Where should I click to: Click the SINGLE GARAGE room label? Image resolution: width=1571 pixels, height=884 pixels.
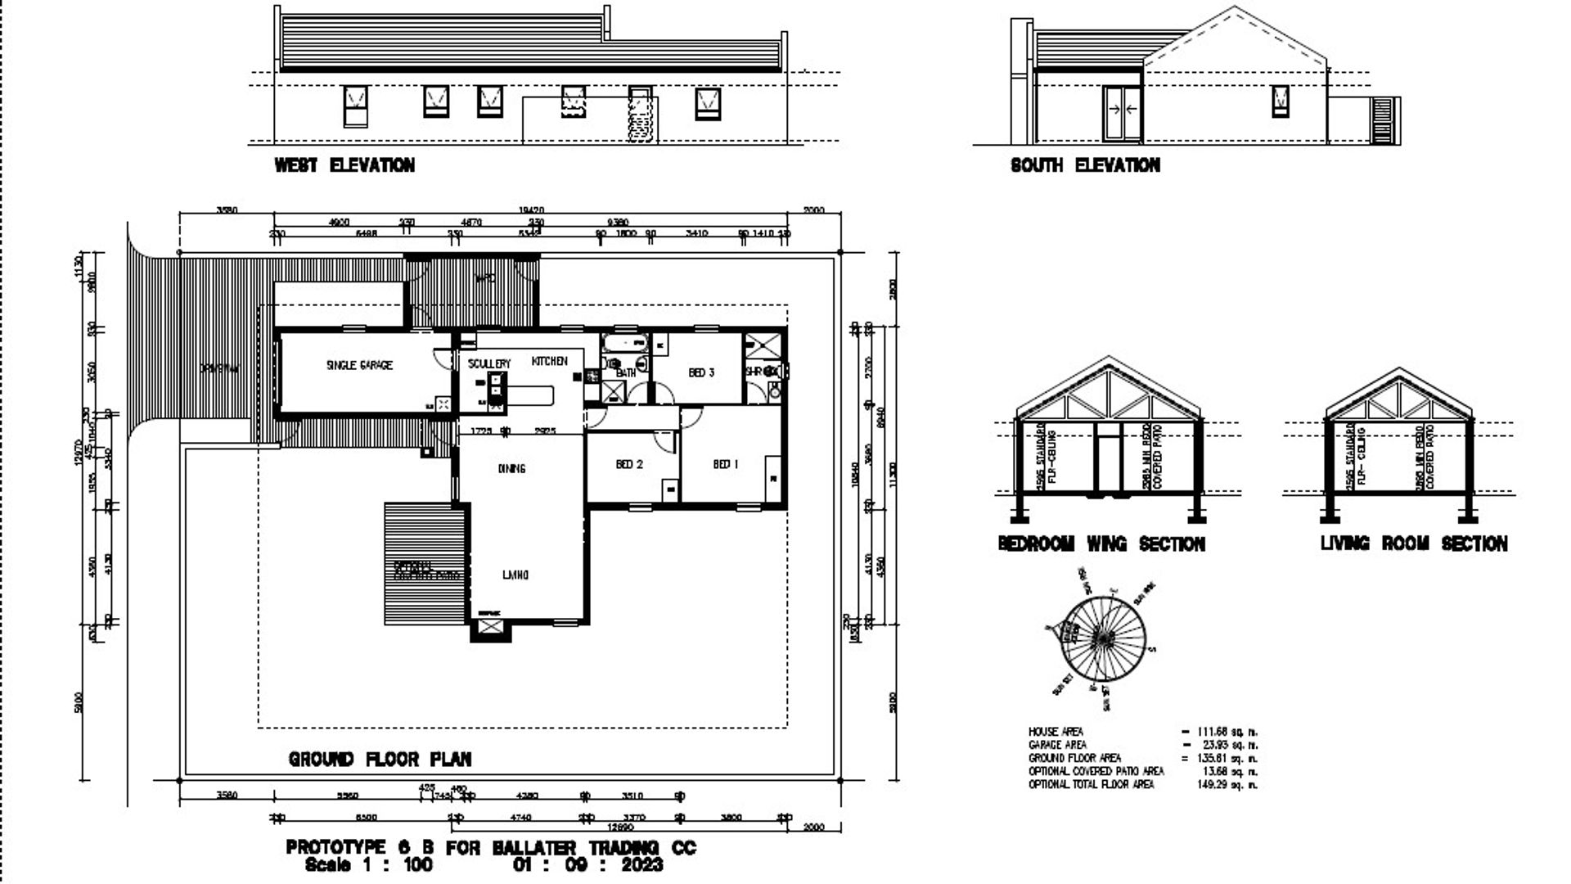[359, 365]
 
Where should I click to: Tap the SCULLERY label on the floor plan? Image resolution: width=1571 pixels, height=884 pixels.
[489, 363]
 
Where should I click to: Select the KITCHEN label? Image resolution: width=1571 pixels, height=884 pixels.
[549, 361]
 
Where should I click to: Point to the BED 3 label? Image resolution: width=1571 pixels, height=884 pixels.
[701, 372]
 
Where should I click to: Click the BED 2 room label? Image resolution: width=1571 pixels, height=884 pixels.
[629, 464]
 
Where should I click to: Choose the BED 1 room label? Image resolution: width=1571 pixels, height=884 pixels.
[726, 464]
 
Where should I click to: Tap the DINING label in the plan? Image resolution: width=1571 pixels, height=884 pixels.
[511, 468]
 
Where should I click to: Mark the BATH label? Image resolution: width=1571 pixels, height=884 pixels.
[626, 373]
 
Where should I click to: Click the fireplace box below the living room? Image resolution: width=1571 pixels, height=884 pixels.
[489, 628]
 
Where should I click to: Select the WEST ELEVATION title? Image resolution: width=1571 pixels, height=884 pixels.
[344, 165]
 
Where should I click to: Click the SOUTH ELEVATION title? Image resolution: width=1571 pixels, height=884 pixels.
[1085, 165]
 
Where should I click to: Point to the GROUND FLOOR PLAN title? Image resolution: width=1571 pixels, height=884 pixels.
[380, 760]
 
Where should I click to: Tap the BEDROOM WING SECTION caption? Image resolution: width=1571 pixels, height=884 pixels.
[1101, 543]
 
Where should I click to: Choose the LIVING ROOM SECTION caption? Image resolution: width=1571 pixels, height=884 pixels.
[1413, 543]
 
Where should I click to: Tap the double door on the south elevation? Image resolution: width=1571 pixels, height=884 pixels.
[1122, 111]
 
